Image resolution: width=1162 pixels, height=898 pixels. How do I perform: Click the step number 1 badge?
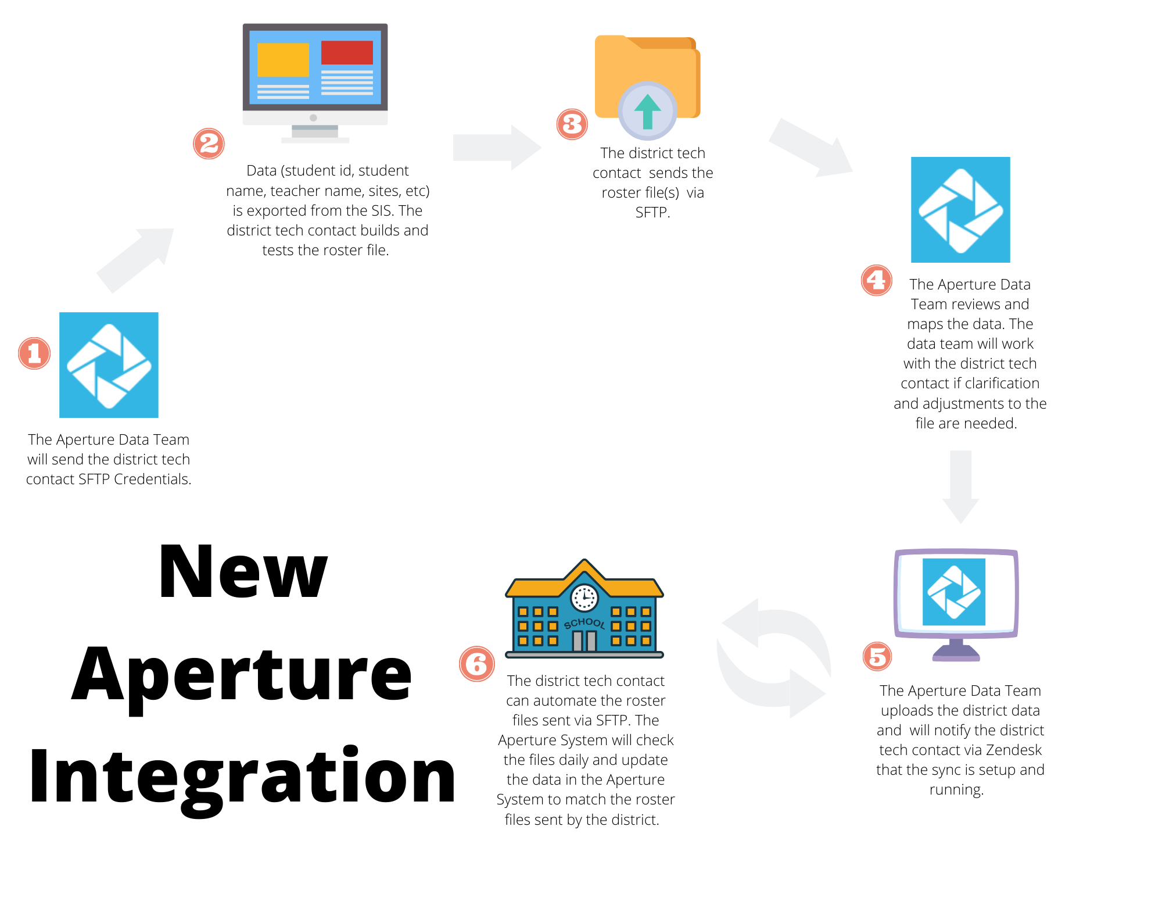[34, 353]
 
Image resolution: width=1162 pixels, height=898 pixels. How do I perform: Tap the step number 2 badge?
[209, 144]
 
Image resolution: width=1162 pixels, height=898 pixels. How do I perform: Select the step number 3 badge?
[572, 124]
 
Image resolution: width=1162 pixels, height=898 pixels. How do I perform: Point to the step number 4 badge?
[877, 280]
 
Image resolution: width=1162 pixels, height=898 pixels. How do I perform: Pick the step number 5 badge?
[877, 656]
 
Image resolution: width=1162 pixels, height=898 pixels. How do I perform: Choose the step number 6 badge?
[477, 664]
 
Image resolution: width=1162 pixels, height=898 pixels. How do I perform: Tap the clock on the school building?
[584, 598]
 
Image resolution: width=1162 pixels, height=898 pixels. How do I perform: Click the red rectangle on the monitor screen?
[347, 53]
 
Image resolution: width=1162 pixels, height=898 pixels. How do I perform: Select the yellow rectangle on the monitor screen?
[283, 60]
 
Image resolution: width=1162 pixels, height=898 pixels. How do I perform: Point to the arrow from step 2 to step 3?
[497, 148]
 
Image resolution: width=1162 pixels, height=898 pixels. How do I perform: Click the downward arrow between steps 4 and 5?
[961, 487]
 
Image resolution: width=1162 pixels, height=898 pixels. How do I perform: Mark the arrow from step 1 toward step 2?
[135, 260]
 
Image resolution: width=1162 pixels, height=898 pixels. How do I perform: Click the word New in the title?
[243, 571]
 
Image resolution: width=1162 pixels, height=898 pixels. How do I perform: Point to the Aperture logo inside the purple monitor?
[954, 592]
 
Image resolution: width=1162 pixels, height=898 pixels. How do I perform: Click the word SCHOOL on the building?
[584, 624]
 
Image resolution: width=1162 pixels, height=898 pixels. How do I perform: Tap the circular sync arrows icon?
[773, 659]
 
